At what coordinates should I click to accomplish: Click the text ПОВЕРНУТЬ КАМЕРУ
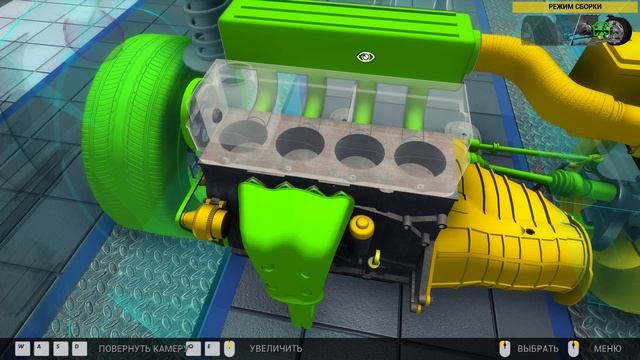[x=139, y=347]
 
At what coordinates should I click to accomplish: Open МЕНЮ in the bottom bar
[x=607, y=347]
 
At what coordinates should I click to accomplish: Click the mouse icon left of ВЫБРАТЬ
[x=505, y=346]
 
